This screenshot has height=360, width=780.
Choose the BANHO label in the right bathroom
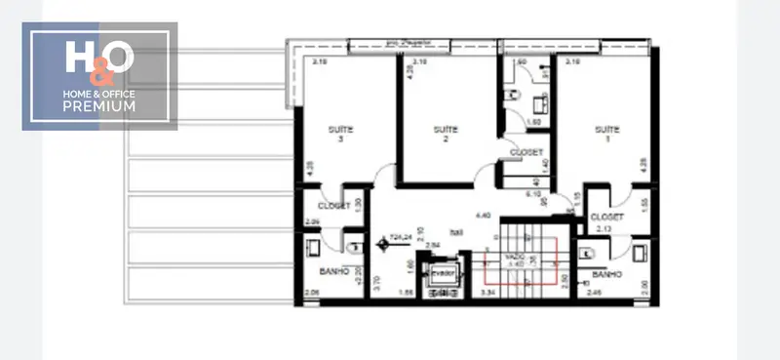pos(606,275)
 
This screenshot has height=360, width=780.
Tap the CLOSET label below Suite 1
pos(606,217)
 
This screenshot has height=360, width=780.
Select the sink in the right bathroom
pos(640,253)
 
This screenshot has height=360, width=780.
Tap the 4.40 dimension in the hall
pos(481,215)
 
